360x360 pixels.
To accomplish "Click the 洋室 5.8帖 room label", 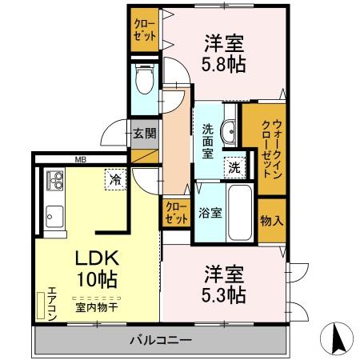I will pyautogui.click(x=217, y=52).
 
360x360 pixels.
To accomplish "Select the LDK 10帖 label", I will pyautogui.click(x=97, y=270).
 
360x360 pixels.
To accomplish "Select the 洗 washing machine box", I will pyautogui.click(x=233, y=168).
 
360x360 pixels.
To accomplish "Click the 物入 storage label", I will pyautogui.click(x=271, y=219).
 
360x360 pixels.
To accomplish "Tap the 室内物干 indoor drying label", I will pyautogui.click(x=97, y=306).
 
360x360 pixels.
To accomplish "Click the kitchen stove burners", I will pyautogui.click(x=54, y=181).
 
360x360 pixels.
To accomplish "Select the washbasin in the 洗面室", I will pyautogui.click(x=228, y=130).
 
